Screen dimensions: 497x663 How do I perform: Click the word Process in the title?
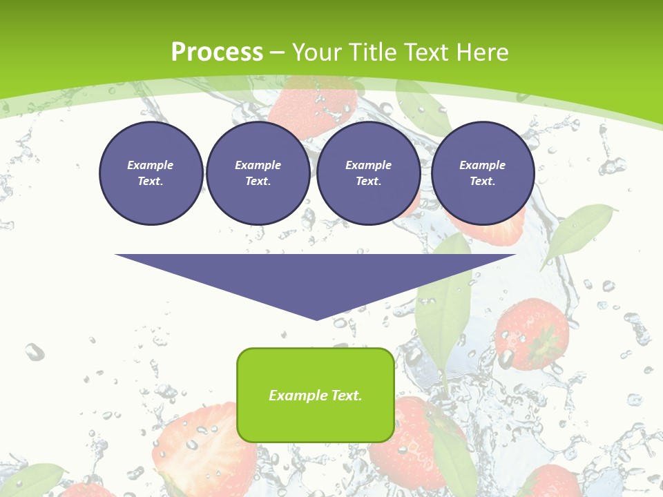click(x=217, y=52)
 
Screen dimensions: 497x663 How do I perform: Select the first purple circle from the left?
click(x=151, y=173)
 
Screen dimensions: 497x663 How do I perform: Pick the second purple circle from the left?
click(x=258, y=173)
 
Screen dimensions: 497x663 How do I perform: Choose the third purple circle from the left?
click(x=368, y=173)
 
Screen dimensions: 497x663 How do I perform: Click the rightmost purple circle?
click(x=483, y=173)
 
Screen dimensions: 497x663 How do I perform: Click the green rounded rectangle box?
click(x=316, y=414)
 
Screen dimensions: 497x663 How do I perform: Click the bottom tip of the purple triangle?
click(x=316, y=318)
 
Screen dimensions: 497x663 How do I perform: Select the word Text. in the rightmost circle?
click(x=483, y=182)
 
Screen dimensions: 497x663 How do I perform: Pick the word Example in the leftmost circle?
click(x=151, y=165)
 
